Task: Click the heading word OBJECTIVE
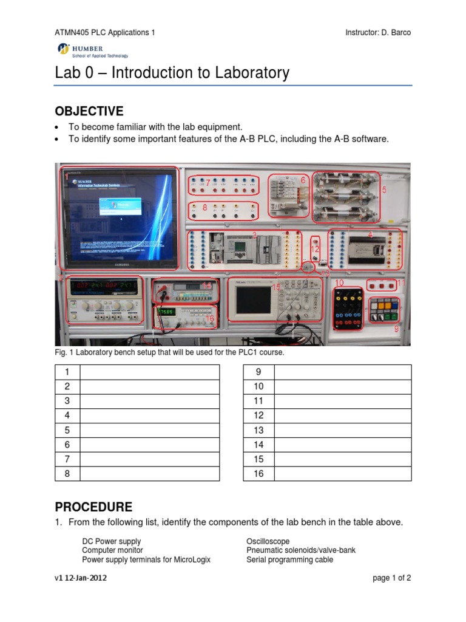coord(89,111)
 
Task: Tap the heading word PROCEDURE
coord(93,507)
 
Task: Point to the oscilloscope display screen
coord(251,302)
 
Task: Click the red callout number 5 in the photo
coord(383,190)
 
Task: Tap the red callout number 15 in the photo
coord(276,287)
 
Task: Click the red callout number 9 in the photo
coord(397,329)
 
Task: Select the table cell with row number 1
coord(67,372)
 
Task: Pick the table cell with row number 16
coord(259,474)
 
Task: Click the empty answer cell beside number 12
coord(343,415)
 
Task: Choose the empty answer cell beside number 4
coord(149,415)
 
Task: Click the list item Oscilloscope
coord(268,541)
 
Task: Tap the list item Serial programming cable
coord(289,559)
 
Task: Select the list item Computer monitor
coord(113,550)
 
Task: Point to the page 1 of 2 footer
coord(392,578)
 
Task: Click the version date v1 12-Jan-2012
coord(81,578)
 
